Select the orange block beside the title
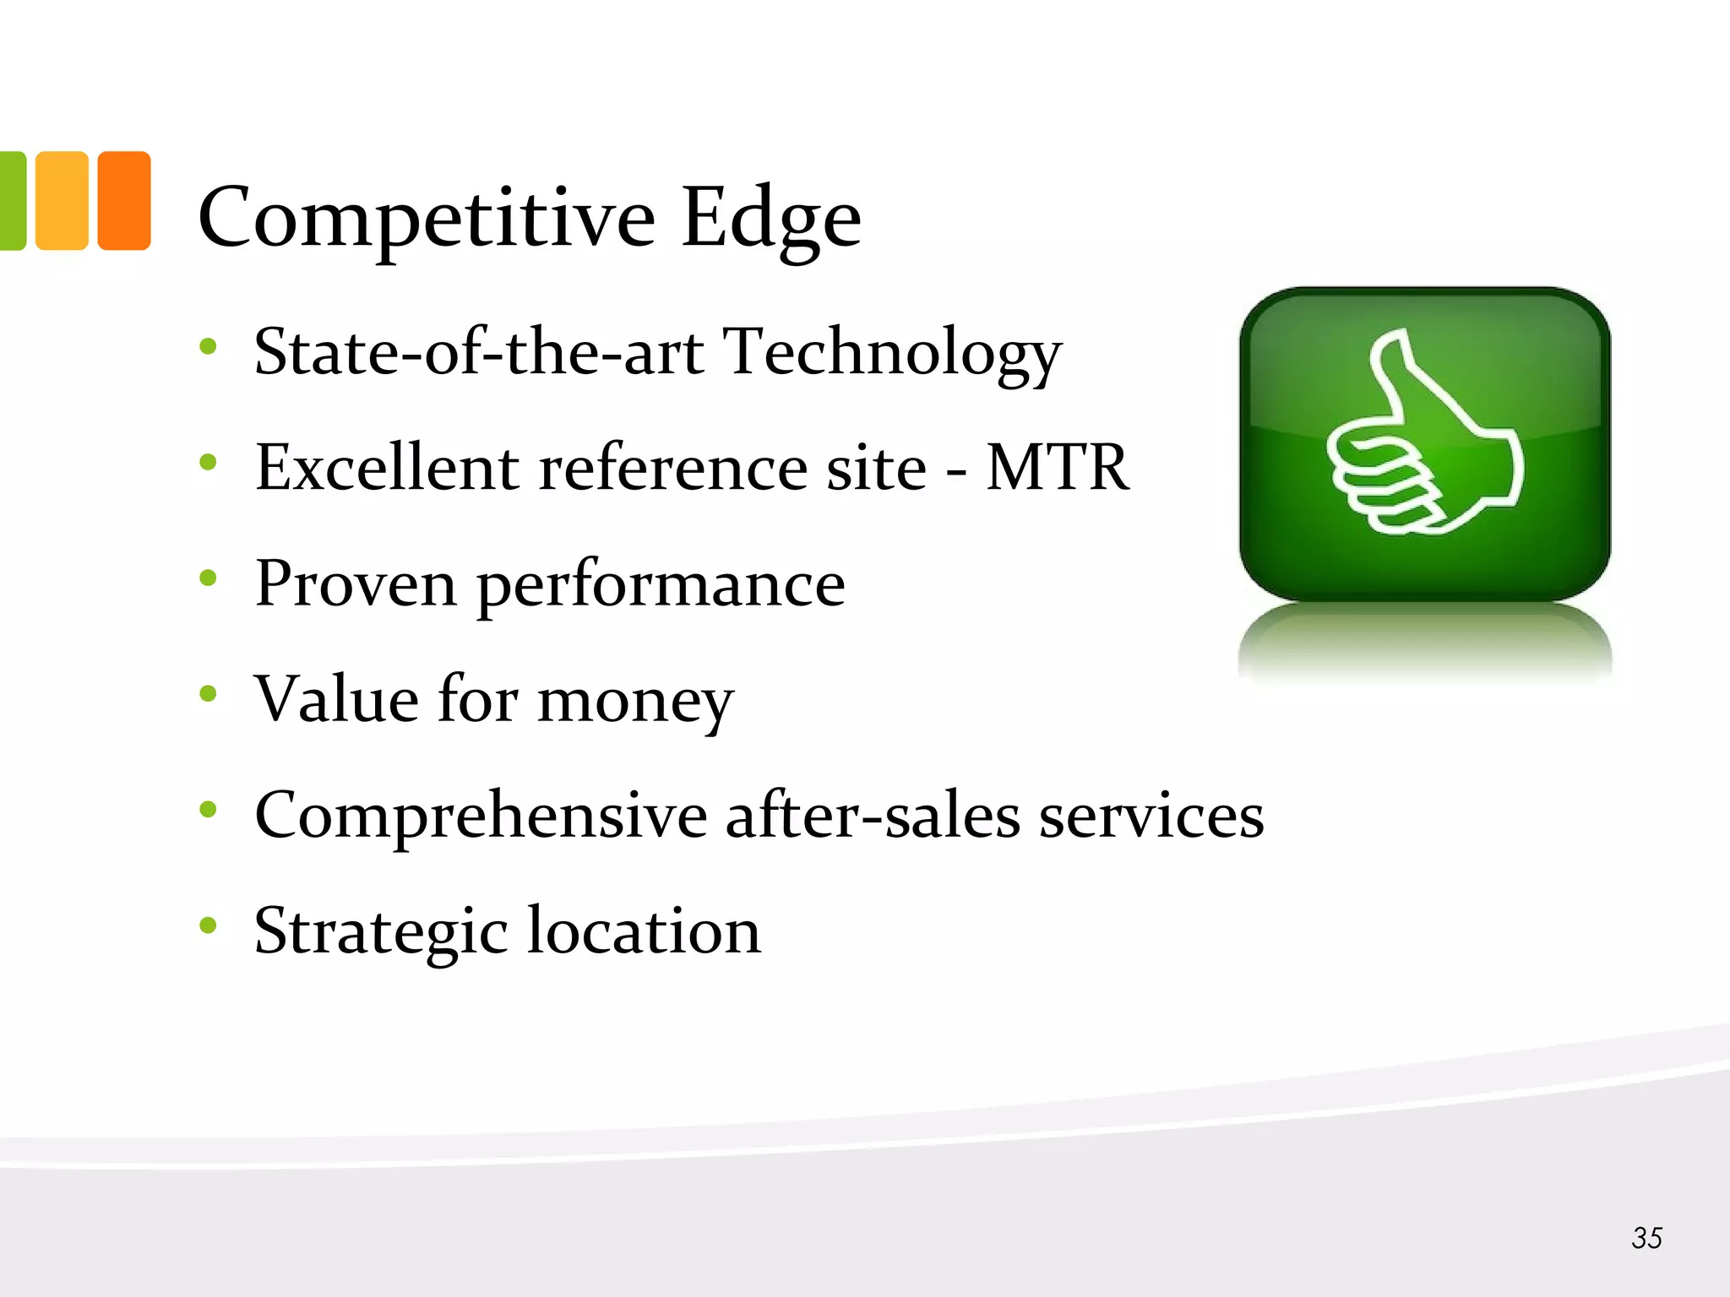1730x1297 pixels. coord(124,201)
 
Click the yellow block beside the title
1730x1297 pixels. coord(62,201)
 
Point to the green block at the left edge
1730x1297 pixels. coord(12,201)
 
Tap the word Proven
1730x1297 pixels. coord(356,583)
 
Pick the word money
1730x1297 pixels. coord(635,702)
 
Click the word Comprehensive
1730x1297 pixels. coord(481,817)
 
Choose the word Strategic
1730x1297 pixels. coord(380,932)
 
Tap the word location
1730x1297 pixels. coord(645,931)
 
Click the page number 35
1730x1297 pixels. coord(1646,1238)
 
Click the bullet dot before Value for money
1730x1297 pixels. coord(208,694)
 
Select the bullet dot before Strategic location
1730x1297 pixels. coord(208,925)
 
